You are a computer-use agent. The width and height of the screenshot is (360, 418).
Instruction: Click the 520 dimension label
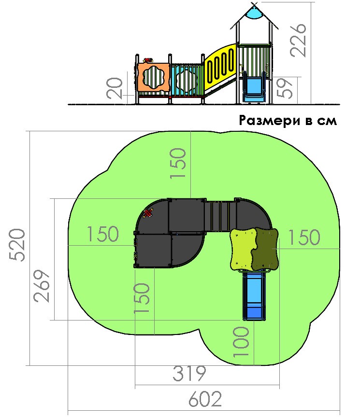coord(17,245)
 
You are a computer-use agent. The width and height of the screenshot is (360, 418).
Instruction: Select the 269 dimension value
coord(42,286)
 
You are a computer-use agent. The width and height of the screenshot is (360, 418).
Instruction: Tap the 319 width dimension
coord(189,373)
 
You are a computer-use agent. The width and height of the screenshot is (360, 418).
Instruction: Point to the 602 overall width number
coord(205,399)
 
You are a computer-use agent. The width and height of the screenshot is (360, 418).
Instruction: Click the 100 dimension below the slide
coord(241,342)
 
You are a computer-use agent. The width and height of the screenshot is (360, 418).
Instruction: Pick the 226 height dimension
coord(298,40)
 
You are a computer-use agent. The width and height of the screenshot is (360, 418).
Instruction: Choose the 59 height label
coord(285,88)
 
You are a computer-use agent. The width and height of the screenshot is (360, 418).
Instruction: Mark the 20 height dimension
coord(115,88)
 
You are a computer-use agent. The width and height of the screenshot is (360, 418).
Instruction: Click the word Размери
coord(270,121)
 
